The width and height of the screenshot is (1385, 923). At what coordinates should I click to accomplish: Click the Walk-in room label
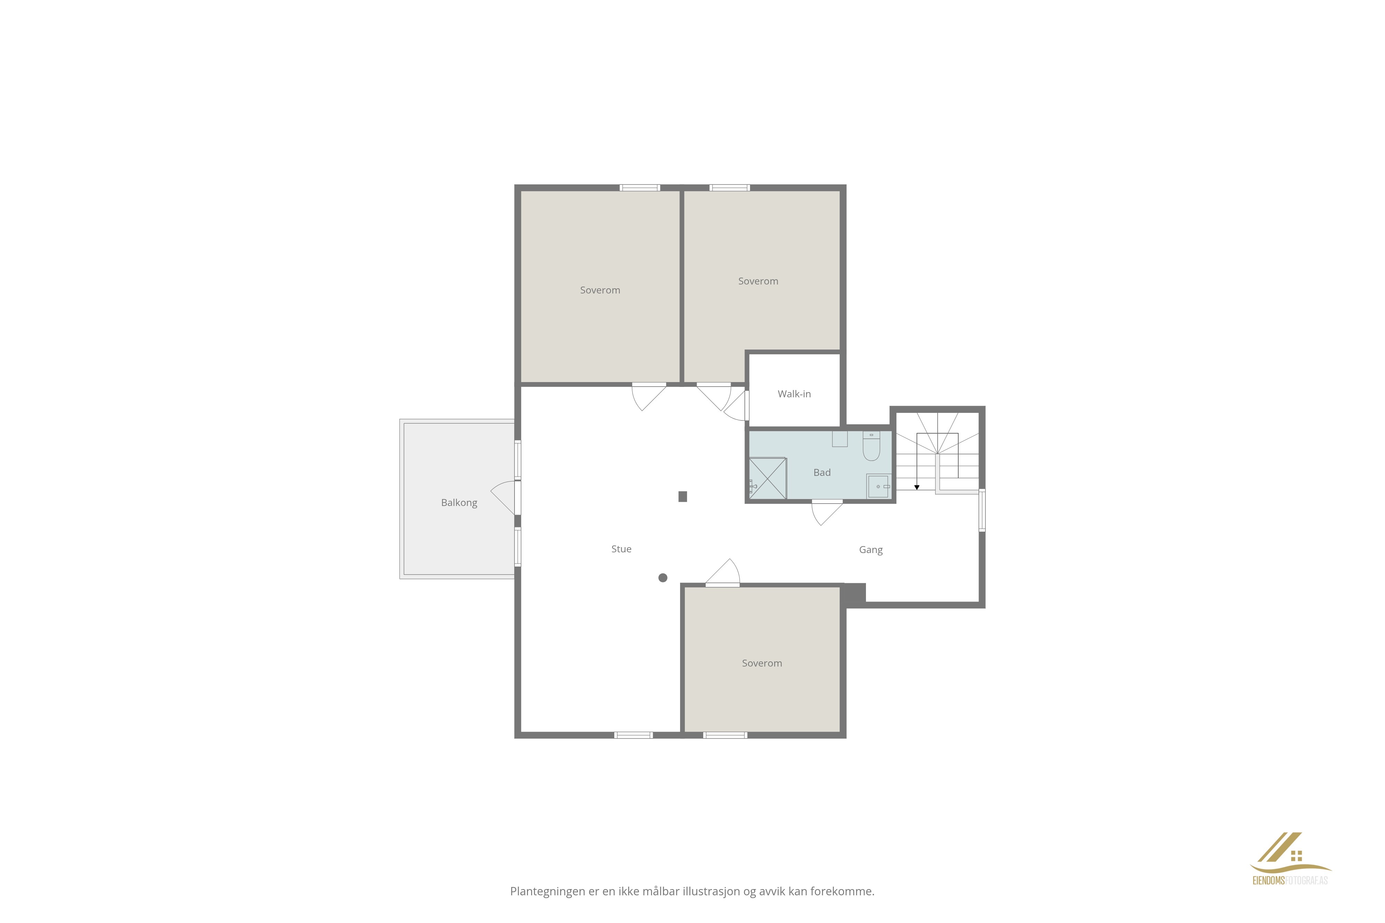pyautogui.click(x=794, y=394)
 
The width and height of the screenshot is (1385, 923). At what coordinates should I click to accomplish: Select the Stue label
pyautogui.click(x=621, y=549)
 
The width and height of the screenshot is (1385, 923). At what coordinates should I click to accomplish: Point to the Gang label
pyautogui.click(x=870, y=550)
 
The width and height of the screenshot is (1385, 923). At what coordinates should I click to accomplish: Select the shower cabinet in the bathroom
pyautogui.click(x=767, y=478)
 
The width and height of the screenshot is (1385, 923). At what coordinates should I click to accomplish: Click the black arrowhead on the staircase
pyautogui.click(x=917, y=487)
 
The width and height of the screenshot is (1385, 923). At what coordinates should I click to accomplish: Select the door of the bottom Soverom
pyautogui.click(x=723, y=572)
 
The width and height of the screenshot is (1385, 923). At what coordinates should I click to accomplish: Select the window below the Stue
pyautogui.click(x=634, y=735)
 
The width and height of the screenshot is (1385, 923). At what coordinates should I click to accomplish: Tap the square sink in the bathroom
pyautogui.click(x=878, y=486)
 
